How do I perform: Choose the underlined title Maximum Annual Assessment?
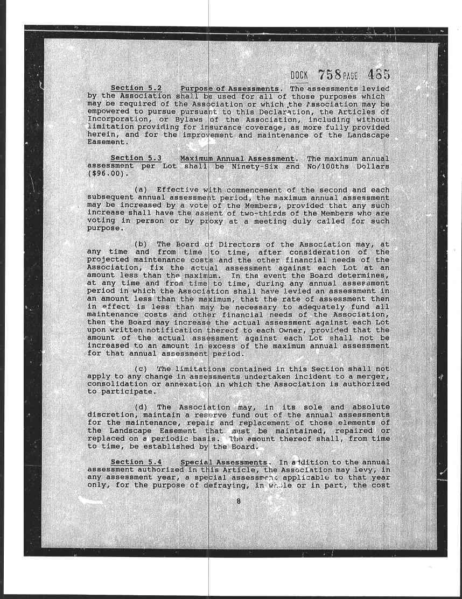pyautogui.click(x=237, y=159)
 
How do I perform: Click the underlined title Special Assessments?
pyautogui.click(x=223, y=462)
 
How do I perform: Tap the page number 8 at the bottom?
pyautogui.click(x=238, y=502)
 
